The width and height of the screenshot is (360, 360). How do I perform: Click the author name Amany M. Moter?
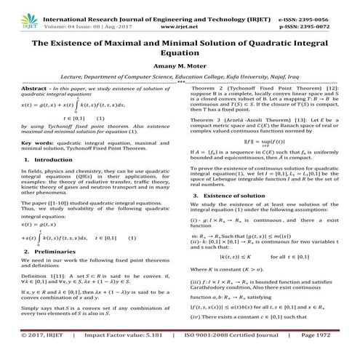pyautogui.click(x=180, y=63)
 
